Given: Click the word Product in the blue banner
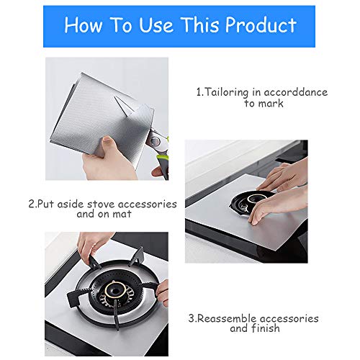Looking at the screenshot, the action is [x=261, y=25].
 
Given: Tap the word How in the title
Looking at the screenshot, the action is [x=84, y=25].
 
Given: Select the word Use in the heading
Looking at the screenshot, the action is [x=156, y=25].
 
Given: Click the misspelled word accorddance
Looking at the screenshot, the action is [x=295, y=92].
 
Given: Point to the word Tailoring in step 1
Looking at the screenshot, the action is [x=226, y=92].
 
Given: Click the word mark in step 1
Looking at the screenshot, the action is [x=271, y=104].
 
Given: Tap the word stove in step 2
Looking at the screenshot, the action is [x=101, y=204].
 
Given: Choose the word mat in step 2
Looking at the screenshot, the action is [x=122, y=214].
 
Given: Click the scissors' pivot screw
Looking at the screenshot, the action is [x=156, y=140].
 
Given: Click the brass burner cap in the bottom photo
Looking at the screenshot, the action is [x=115, y=289].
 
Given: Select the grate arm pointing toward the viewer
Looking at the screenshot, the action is [x=117, y=315].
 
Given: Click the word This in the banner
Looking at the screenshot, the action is [x=200, y=25].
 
